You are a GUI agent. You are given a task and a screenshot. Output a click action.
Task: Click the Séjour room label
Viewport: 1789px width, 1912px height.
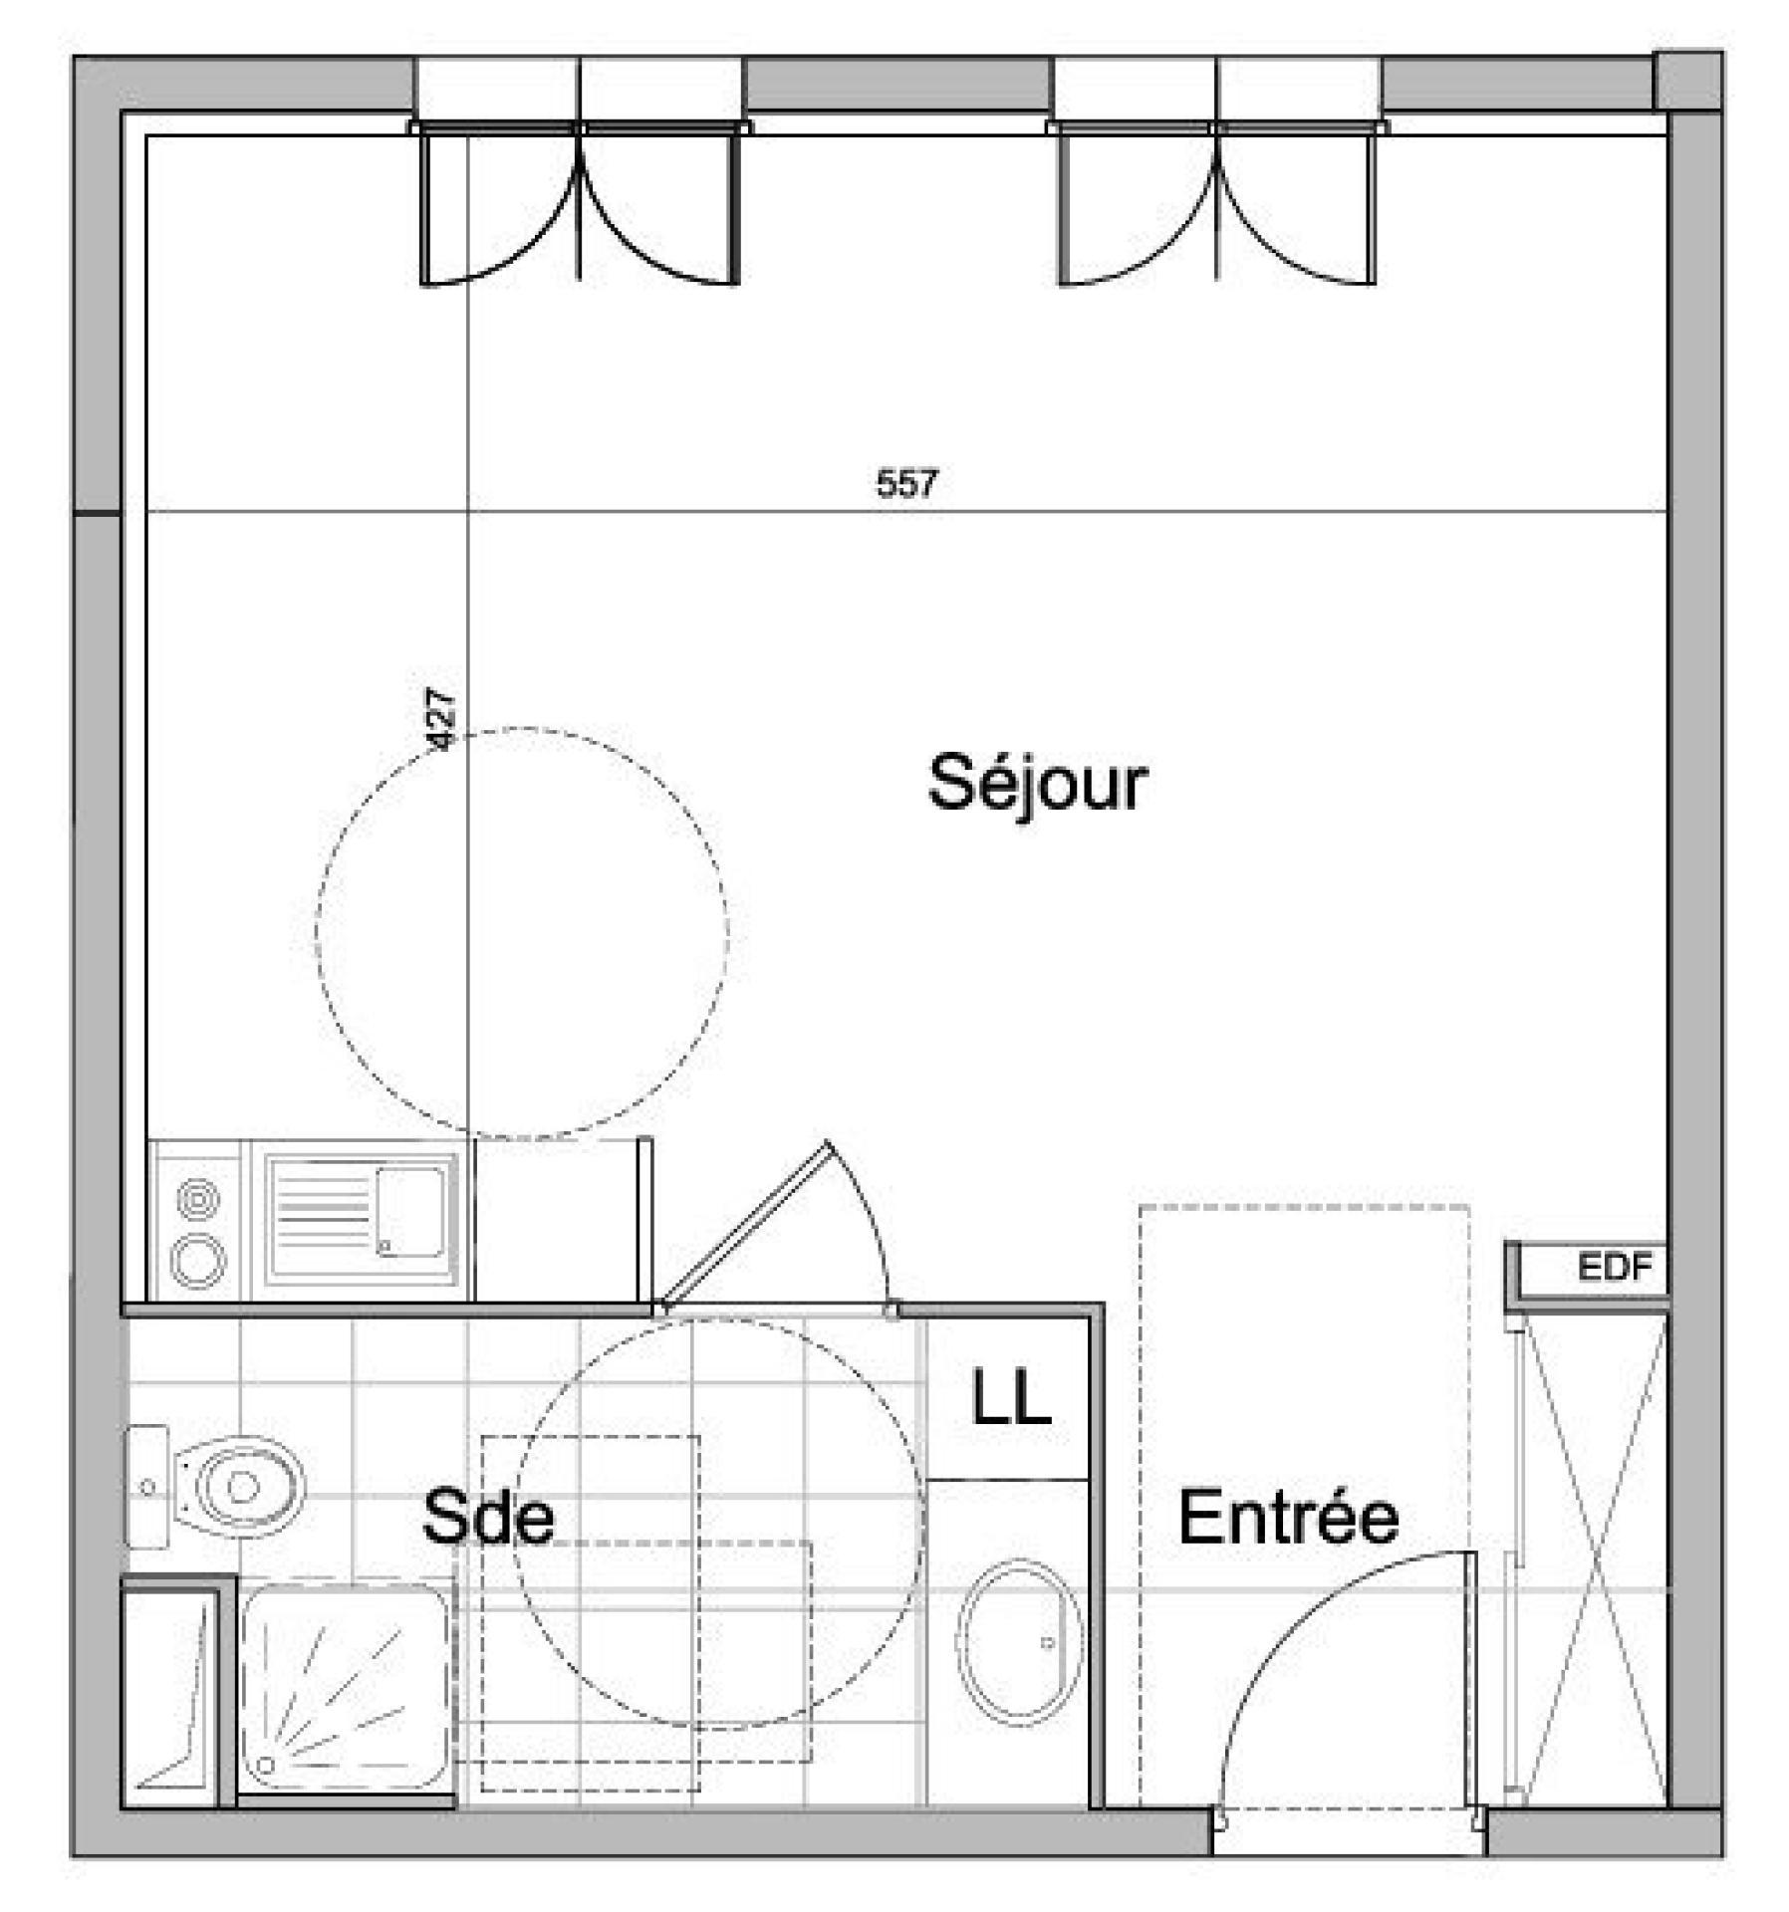click(x=1037, y=783)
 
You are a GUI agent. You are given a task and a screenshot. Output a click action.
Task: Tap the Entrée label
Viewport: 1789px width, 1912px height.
click(x=1288, y=1517)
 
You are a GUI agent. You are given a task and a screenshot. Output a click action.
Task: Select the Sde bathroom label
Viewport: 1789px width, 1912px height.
click(x=488, y=1516)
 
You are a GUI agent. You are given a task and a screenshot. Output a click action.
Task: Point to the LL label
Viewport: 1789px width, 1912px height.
click(x=1011, y=1397)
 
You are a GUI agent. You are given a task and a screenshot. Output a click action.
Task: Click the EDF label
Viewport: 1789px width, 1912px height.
click(x=1615, y=1268)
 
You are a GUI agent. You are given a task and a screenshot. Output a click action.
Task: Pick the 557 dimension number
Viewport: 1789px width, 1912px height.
click(x=906, y=483)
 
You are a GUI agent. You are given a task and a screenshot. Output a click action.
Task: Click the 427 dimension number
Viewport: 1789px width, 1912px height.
click(x=440, y=718)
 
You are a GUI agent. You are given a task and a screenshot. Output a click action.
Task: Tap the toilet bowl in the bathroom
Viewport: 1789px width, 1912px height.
click(x=239, y=1487)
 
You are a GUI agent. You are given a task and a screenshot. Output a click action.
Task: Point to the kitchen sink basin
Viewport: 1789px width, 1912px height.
click(x=409, y=1211)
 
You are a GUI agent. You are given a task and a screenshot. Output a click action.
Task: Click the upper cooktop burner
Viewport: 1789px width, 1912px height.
click(x=197, y=1199)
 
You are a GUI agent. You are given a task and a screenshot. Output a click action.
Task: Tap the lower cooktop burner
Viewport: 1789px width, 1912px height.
click(x=197, y=1260)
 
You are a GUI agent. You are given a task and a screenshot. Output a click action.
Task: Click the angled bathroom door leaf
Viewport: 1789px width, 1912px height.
click(x=744, y=1224)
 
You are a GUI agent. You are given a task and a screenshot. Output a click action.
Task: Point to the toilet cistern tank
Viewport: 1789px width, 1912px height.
click(x=146, y=1487)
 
